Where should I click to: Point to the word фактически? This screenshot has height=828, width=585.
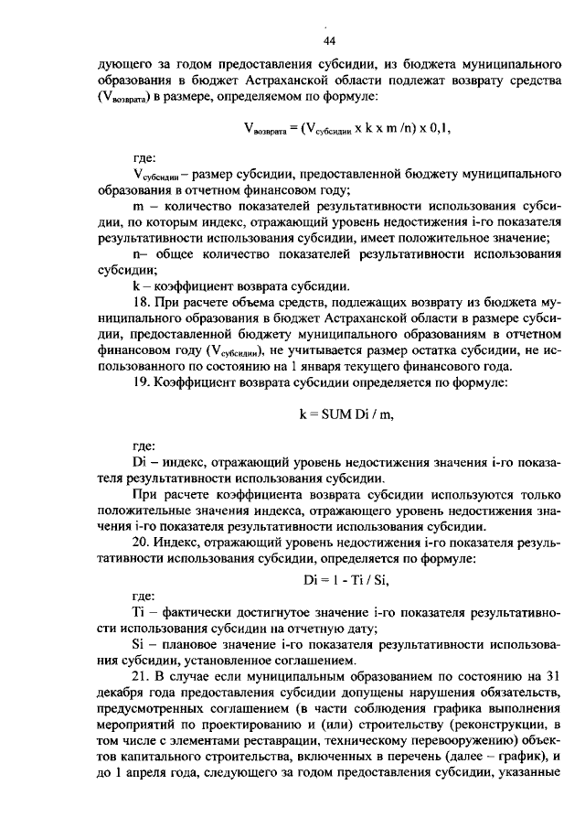[x=197, y=610]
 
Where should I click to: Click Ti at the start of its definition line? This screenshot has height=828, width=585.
[x=139, y=610]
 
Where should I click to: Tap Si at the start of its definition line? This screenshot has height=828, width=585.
[x=139, y=645]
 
